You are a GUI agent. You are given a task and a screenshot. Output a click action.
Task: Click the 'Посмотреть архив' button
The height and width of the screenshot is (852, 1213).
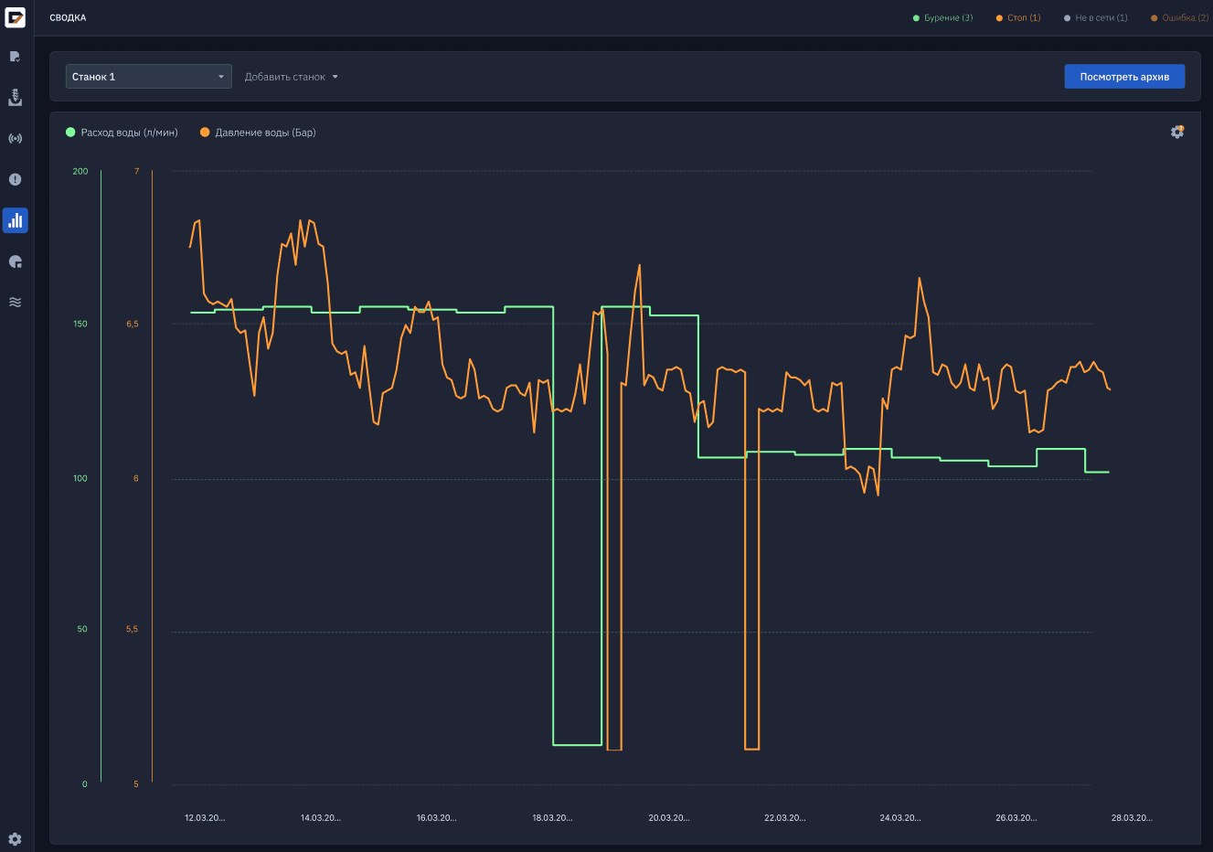pyautogui.click(x=1124, y=77)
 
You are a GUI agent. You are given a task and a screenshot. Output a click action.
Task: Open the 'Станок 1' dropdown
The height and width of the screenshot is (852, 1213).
pyautogui.click(x=148, y=77)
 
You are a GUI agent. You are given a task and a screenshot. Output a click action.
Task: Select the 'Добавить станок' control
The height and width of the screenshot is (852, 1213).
pyautogui.click(x=291, y=77)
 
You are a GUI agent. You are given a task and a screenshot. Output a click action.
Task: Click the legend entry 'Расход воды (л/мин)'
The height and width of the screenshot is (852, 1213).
pyautogui.click(x=122, y=133)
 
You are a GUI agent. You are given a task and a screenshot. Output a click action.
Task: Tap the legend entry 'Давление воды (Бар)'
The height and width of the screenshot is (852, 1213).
pyautogui.click(x=258, y=133)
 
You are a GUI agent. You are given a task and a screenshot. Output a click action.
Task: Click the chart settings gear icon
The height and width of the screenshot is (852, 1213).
pyautogui.click(x=1176, y=132)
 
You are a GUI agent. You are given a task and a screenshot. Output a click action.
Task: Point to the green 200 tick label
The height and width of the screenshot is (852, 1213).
pyautogui.click(x=80, y=171)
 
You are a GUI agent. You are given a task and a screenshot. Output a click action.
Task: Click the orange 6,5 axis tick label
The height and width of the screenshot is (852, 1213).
pyautogui.click(x=133, y=324)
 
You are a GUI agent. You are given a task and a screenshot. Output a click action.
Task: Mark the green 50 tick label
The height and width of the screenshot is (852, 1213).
pyautogui.click(x=81, y=629)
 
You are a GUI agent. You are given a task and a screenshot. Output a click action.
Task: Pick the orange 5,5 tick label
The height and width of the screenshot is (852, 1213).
pyautogui.click(x=132, y=629)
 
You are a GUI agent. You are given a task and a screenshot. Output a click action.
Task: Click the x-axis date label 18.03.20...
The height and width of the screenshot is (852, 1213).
pyautogui.click(x=552, y=817)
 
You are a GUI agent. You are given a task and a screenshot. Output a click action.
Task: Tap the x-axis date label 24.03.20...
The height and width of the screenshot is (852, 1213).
pyautogui.click(x=900, y=817)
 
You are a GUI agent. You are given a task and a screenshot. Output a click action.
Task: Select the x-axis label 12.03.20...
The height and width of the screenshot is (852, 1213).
pyautogui.click(x=205, y=817)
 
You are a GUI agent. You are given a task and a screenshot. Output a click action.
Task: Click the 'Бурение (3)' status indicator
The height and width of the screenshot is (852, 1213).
pyautogui.click(x=942, y=18)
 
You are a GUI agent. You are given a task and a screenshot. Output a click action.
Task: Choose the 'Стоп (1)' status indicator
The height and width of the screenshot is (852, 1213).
pyautogui.click(x=1018, y=18)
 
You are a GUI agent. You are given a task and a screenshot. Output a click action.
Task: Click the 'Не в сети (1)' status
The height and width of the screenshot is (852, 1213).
pyautogui.click(x=1095, y=18)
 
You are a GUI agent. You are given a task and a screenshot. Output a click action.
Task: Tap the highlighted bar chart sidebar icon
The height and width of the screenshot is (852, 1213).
pyautogui.click(x=16, y=220)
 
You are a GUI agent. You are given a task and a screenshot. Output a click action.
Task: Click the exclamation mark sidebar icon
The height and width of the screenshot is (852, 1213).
pyautogui.click(x=16, y=179)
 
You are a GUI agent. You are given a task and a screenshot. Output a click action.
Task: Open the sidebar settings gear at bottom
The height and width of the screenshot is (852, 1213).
pyautogui.click(x=16, y=839)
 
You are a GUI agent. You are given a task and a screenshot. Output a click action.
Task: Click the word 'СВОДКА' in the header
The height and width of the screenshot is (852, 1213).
pyautogui.click(x=68, y=18)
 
